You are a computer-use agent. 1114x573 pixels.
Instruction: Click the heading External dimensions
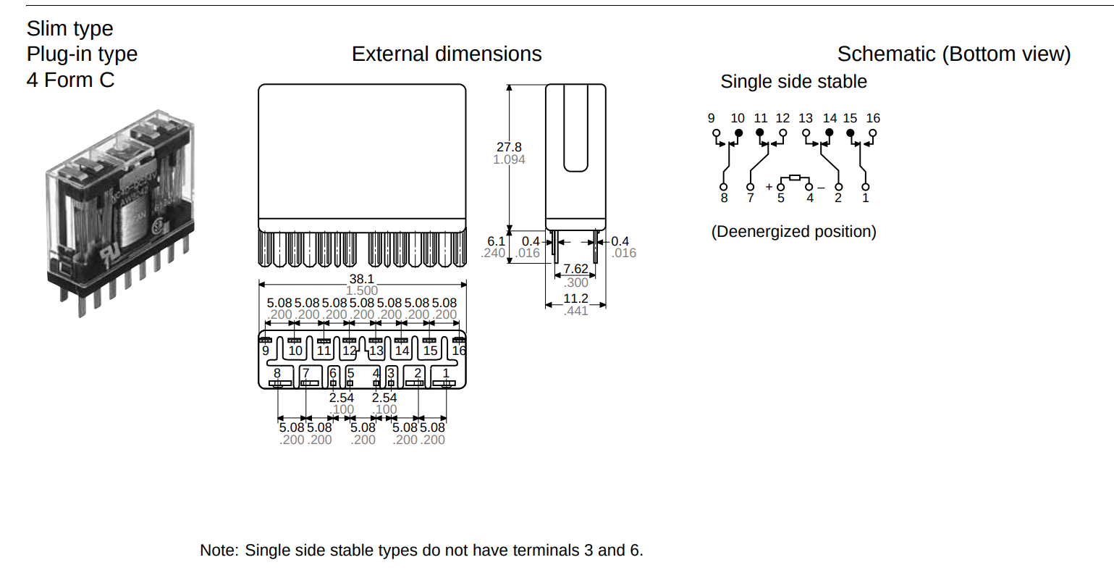[447, 54]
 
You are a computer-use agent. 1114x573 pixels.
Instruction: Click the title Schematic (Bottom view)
[953, 54]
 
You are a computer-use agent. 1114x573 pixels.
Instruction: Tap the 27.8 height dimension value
[509, 147]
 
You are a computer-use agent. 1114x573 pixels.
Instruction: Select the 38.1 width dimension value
[361, 279]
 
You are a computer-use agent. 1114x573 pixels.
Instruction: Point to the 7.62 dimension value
[575, 269]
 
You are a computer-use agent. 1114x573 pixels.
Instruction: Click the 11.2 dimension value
[575, 298]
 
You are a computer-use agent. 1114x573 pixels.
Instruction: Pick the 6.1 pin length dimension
[496, 241]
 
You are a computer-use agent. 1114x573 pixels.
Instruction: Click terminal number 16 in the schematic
[873, 118]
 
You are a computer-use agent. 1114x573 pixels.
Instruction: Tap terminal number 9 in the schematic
[712, 118]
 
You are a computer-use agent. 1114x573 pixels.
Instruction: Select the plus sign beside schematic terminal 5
[769, 187]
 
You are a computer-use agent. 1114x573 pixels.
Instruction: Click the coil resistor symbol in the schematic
[795, 177]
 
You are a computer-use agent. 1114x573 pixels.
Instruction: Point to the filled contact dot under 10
[738, 133]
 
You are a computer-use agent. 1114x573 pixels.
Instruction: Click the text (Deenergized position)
[793, 232]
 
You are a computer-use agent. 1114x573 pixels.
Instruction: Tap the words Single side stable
[793, 82]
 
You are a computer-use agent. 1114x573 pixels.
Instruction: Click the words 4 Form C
[70, 80]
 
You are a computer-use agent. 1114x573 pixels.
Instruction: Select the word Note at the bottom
[217, 551]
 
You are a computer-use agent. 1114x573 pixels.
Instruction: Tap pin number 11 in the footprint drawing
[324, 351]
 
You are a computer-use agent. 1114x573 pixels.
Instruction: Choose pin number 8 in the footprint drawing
[277, 373]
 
